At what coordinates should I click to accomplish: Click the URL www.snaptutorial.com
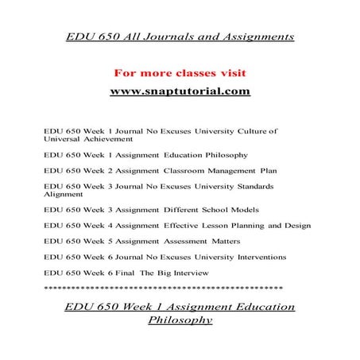[180, 92]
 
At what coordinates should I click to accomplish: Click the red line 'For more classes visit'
[180, 72]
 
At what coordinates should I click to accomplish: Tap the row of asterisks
[168, 287]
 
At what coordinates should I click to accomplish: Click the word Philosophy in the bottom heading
[180, 321]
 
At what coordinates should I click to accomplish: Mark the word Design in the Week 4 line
[293, 226]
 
